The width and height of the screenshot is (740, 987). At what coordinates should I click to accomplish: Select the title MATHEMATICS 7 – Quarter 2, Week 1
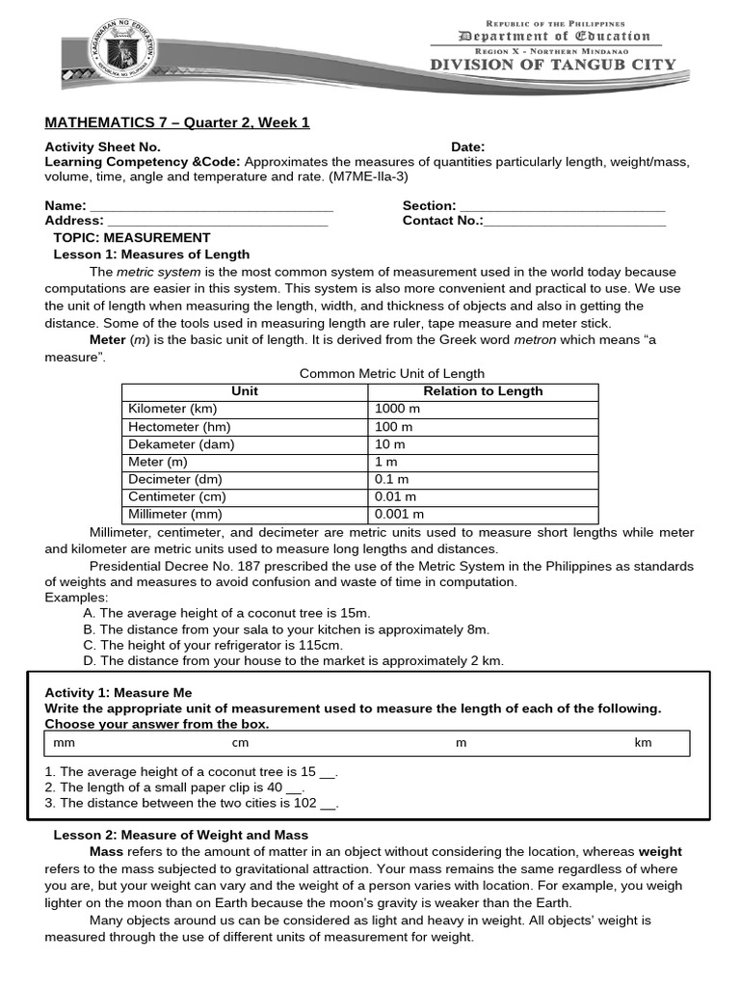coord(177,122)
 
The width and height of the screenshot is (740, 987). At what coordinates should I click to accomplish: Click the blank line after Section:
coord(562,206)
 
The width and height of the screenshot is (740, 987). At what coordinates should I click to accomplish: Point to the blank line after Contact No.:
coord(575,221)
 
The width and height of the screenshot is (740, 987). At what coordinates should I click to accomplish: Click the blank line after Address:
coord(218,221)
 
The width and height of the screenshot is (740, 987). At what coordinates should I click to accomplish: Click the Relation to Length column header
coord(483,391)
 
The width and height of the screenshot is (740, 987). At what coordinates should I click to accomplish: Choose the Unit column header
coord(245,391)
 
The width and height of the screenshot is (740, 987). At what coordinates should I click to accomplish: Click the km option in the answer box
coord(643,743)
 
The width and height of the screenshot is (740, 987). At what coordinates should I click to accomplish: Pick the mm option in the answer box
coord(65,743)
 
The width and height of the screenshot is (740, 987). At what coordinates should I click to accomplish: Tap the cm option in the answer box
coord(240,743)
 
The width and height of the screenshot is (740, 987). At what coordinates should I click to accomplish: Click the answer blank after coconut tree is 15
coord(327,773)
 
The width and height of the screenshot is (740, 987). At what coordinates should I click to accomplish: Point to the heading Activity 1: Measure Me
coord(119,693)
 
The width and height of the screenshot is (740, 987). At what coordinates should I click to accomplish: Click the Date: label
coord(468,147)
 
